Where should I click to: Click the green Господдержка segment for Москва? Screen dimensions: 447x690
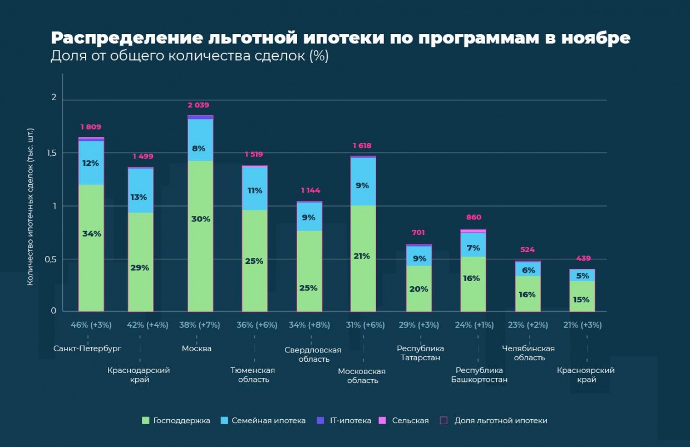coord(200,250)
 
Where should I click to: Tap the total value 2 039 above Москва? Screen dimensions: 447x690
coord(198,105)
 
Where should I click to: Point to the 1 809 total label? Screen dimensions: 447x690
coord(91,127)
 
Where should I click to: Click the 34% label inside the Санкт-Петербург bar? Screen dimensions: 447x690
coord(92,234)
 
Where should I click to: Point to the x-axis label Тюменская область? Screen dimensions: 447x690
coord(254,375)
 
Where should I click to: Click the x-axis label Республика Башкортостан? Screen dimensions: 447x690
coord(479,375)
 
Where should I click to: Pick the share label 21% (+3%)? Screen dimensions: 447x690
coord(583,325)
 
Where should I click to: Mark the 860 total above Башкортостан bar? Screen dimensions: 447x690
coord(474,218)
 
